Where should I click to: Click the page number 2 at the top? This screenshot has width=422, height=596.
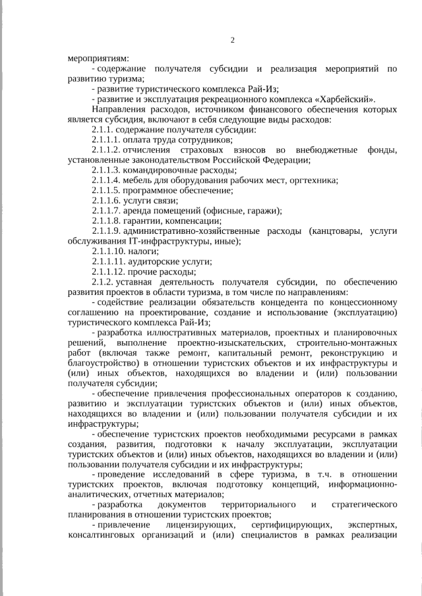coord(232,41)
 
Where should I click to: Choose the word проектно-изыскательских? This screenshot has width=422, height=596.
coord(226,343)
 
